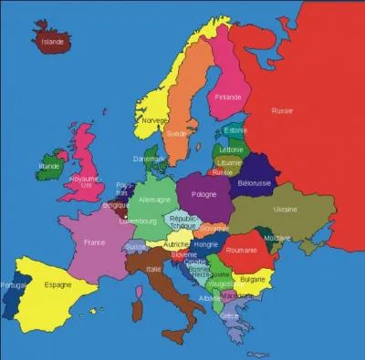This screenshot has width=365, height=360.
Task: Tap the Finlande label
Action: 229,97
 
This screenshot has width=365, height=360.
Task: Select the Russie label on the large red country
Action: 282,111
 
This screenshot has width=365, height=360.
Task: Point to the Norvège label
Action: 154,119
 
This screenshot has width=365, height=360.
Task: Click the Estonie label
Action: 235,129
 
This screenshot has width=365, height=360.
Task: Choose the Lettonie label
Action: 232,149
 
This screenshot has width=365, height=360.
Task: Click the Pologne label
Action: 205,194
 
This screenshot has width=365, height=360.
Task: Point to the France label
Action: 94,243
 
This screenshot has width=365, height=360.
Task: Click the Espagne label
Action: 57,285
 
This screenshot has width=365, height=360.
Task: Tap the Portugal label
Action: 14,285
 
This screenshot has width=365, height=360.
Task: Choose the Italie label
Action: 154,269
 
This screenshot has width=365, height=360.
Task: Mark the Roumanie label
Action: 240,250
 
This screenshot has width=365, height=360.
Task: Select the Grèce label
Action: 229,315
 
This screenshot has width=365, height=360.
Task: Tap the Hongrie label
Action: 206,244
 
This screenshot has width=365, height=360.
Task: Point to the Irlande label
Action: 48,167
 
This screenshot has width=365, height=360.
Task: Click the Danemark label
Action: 149,159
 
